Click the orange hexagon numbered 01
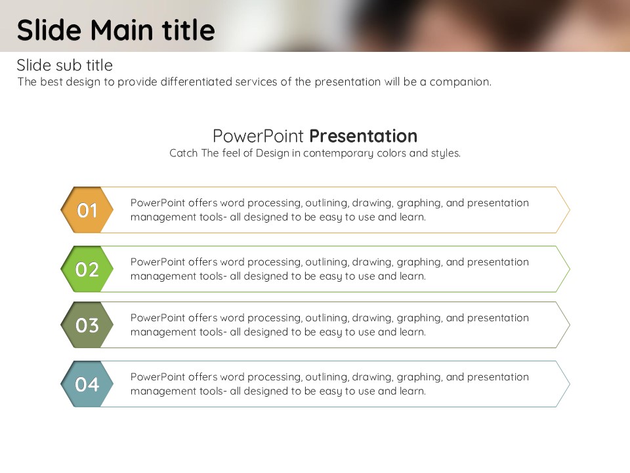point(87,210)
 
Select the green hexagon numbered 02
point(87,269)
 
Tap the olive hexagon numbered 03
point(87,325)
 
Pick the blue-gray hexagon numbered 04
point(87,384)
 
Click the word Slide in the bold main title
point(49,30)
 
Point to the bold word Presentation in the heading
point(363,136)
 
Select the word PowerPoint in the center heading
point(258,136)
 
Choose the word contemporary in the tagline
point(338,153)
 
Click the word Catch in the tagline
point(183,153)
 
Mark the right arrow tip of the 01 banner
point(570,210)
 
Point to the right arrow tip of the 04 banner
point(570,384)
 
